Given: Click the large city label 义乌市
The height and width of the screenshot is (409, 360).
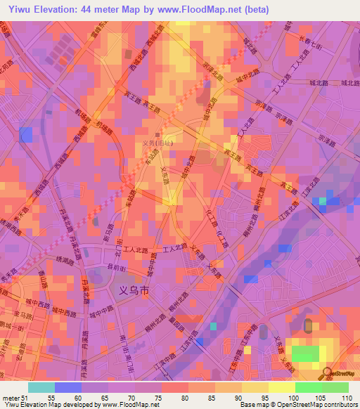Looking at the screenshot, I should (x=131, y=288).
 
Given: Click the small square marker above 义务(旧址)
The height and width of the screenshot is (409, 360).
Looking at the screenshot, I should (x=157, y=136).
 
